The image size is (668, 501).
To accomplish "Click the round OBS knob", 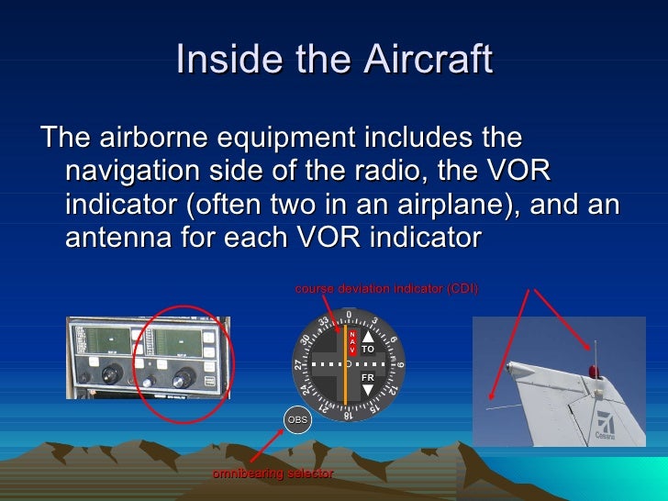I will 298,419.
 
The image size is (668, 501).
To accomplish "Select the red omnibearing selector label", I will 273,473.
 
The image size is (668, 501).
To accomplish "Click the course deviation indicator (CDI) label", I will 386,289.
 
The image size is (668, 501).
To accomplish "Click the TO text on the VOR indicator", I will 367,350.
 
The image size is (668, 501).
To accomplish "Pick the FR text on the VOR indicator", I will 367,377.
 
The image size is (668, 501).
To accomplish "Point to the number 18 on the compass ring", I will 348,415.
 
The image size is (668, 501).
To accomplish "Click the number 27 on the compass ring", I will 299,364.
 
